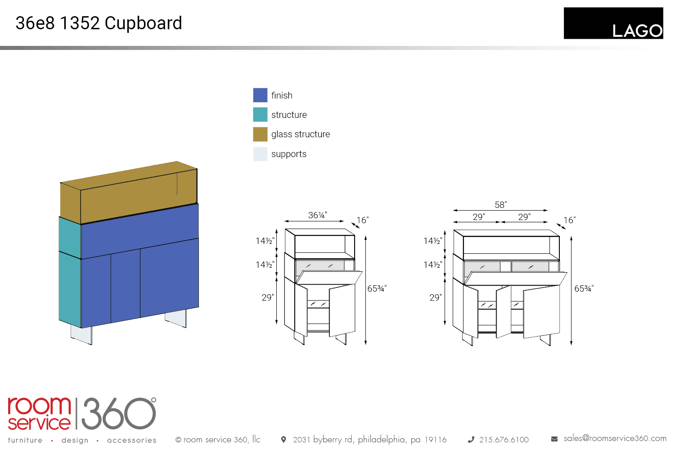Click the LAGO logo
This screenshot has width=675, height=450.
(613, 23)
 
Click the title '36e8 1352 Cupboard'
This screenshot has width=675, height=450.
(99, 23)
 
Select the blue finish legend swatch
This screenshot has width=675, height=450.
(260, 95)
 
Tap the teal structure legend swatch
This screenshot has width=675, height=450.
(260, 115)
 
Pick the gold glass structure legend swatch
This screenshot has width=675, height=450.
(260, 134)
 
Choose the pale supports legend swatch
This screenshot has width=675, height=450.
(260, 154)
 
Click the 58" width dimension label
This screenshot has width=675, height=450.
(500, 205)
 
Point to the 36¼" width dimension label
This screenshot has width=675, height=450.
(317, 215)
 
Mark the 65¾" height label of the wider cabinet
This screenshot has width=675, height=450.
(584, 288)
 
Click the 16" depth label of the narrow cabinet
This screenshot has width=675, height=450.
(363, 220)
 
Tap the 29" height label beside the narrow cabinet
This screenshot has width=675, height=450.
(268, 297)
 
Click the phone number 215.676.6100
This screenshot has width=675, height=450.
(504, 440)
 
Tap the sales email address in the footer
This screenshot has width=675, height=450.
(615, 439)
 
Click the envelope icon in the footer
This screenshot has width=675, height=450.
(554, 439)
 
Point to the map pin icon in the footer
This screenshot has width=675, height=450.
(283, 440)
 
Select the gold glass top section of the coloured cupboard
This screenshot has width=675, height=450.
(129, 193)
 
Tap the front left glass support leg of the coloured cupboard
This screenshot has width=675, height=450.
(81, 334)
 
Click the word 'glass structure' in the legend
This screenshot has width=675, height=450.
(301, 134)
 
